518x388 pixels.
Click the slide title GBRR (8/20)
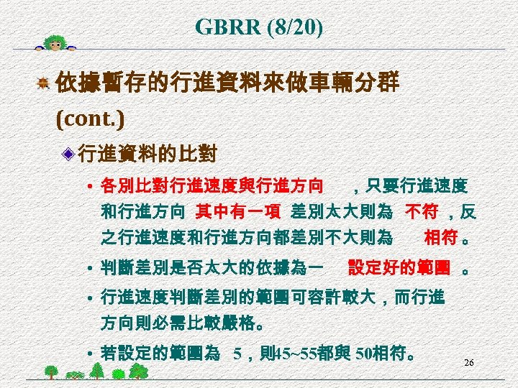click(x=259, y=28)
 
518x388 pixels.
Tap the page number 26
click(x=468, y=363)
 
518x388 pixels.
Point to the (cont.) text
click(x=90, y=118)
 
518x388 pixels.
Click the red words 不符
click(x=420, y=212)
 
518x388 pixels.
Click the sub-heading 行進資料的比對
click(x=147, y=153)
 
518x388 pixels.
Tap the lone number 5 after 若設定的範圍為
click(x=237, y=354)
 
